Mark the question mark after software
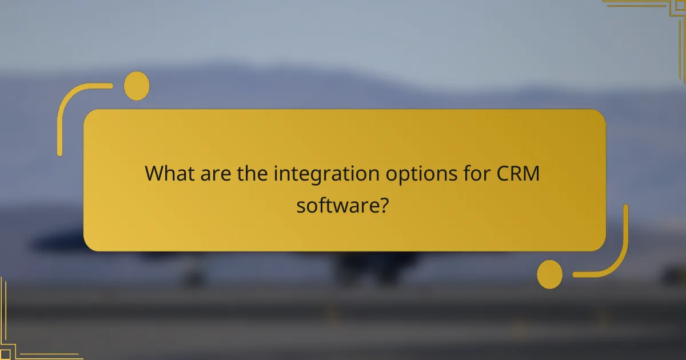385,204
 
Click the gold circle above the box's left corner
137,86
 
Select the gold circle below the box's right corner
550,274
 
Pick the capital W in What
155,173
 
